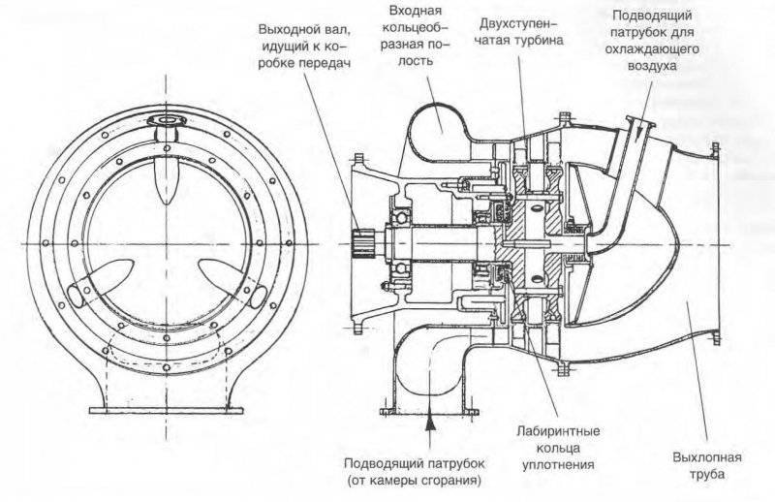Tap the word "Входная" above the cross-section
(410, 11)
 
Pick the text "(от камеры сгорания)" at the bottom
(414, 480)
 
